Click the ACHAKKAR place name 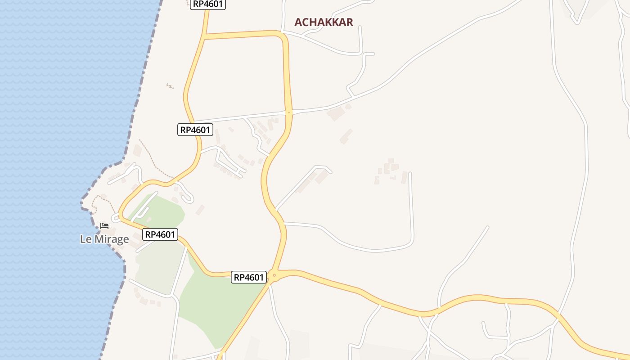point(324,22)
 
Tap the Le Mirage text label point(104,239)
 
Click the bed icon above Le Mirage point(104,225)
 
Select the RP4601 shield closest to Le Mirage point(160,234)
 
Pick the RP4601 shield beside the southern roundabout point(249,277)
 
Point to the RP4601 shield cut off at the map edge point(208,4)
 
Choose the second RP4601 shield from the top point(195,130)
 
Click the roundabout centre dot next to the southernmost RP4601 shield point(274,275)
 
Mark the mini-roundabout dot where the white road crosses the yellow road point(289,112)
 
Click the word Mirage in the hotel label point(112,239)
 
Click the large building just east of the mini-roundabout point(336,113)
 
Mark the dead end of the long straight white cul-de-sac point(410,174)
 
